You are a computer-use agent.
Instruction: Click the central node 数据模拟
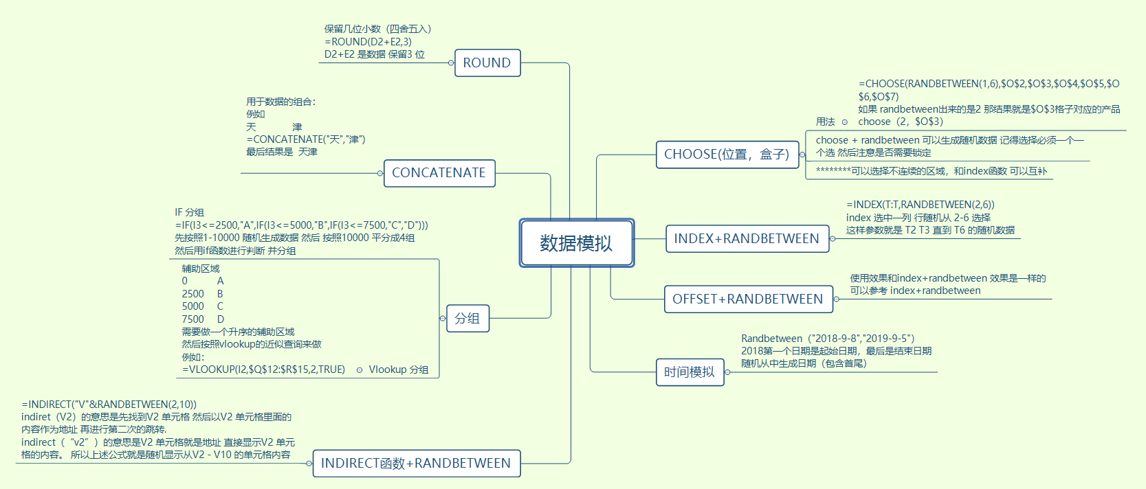(576, 243)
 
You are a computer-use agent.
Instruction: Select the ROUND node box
(487, 62)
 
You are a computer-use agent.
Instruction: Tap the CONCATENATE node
(439, 173)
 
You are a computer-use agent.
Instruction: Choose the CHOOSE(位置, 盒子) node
(726, 155)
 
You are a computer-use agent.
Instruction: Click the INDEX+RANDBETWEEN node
(747, 239)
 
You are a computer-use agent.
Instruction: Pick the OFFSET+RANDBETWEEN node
(748, 299)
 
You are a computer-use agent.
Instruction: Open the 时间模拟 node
(690, 372)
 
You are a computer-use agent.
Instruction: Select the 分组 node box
(467, 319)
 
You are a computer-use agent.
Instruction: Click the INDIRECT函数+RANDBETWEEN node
(416, 464)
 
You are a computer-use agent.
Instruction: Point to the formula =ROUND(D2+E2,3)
(368, 42)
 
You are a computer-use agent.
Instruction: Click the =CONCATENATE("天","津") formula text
(306, 139)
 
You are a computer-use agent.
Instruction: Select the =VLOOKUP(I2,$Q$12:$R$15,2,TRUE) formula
(263, 369)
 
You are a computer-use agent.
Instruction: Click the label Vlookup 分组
(399, 369)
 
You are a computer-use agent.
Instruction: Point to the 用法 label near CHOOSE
(825, 122)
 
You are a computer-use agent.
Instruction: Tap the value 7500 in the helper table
(192, 319)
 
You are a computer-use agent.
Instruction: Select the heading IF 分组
(189, 212)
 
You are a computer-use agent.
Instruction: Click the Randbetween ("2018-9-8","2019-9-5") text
(828, 339)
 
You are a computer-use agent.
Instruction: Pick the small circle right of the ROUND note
(451, 62)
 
